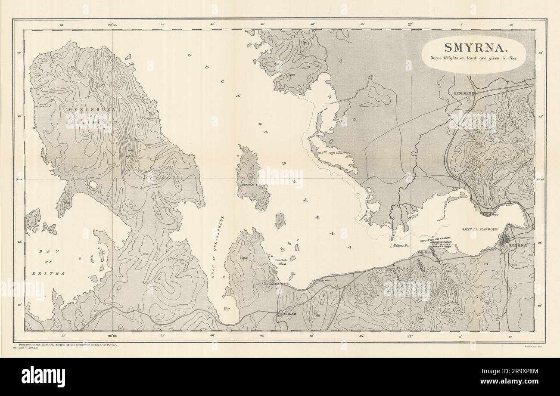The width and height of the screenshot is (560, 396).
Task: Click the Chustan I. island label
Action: click(x=248, y=185)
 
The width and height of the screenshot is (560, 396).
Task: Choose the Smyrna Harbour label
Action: click(x=479, y=229)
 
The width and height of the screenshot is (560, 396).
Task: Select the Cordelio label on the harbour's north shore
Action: click(x=490, y=213)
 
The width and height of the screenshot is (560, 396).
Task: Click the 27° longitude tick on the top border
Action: click(x=409, y=25)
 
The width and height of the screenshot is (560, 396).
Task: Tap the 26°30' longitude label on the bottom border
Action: click(x=113, y=336)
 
